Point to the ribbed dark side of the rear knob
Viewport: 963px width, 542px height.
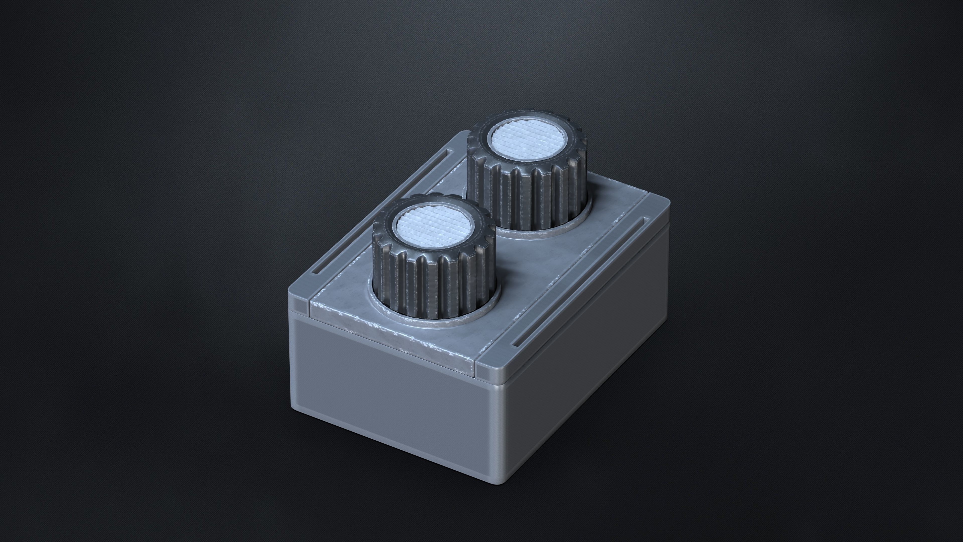[531, 198]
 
